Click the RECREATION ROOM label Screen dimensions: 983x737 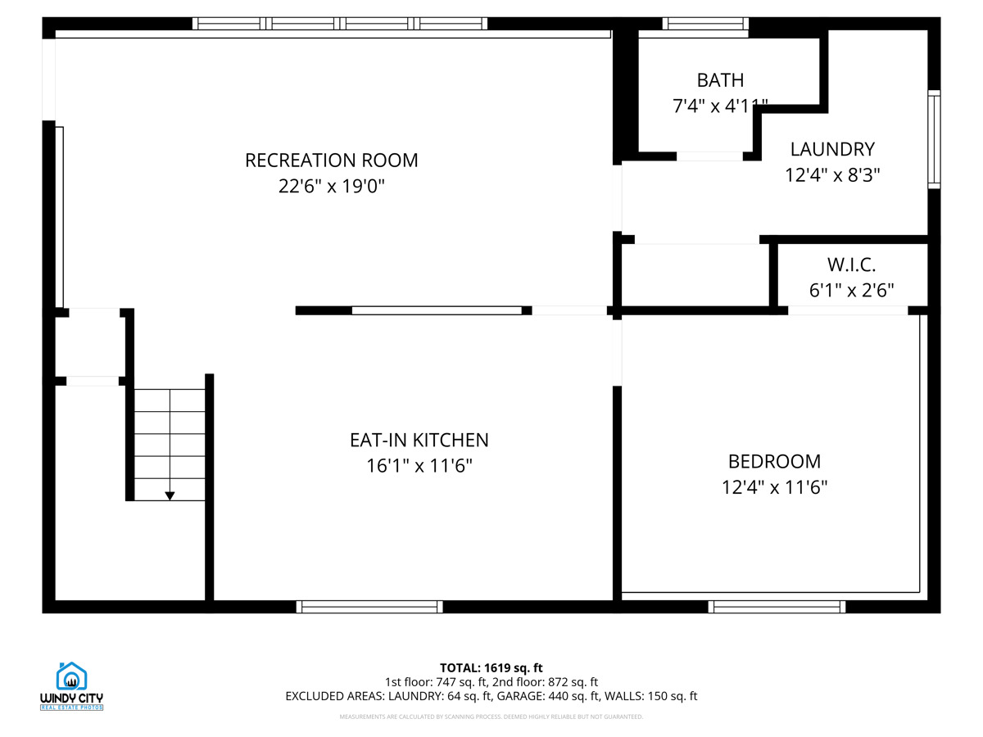click(331, 161)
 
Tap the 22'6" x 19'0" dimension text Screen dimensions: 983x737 click(332, 186)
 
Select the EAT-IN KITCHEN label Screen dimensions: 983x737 click(419, 440)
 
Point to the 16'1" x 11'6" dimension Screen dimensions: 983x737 click(419, 465)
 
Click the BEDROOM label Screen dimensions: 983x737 click(774, 461)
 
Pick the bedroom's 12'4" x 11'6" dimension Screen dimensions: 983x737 click(774, 487)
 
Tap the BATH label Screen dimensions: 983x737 click(720, 80)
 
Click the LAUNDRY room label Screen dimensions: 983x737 click(832, 149)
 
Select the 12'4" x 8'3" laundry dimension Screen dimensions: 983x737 click(832, 174)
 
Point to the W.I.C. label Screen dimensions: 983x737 click(851, 265)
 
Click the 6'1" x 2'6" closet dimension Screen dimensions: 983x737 click(851, 290)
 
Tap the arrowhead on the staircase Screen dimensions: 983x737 click(170, 495)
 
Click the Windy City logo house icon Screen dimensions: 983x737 click(71, 676)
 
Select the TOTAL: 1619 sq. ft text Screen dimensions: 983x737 click(491, 667)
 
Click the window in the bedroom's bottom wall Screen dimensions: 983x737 click(777, 607)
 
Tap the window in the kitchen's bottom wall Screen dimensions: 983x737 click(369, 607)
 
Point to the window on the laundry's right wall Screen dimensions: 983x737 click(934, 139)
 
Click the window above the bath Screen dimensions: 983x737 click(705, 24)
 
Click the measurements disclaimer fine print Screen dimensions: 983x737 click(491, 717)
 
